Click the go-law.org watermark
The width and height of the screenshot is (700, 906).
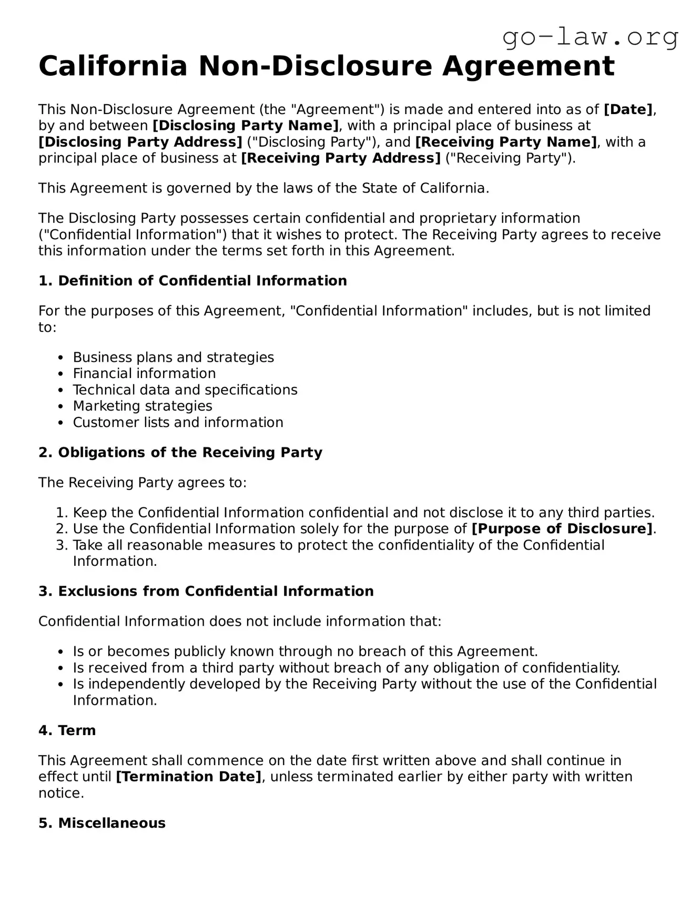tap(590, 37)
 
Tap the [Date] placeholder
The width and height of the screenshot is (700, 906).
tap(628, 109)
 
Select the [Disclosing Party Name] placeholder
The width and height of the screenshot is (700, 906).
tap(246, 126)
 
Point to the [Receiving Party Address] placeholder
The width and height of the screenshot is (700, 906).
tap(341, 158)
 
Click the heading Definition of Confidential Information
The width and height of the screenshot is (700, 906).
tap(192, 281)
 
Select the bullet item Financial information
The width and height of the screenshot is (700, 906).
tap(144, 373)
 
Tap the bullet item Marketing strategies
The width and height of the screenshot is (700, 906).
tap(143, 406)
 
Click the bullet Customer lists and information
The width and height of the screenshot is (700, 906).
tap(178, 422)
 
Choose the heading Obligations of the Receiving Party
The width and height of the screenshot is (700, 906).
tap(180, 453)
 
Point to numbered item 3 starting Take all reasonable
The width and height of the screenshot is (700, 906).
tap(338, 545)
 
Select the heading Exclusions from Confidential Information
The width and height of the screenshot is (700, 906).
tap(206, 592)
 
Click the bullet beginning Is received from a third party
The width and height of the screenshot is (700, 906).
tap(346, 668)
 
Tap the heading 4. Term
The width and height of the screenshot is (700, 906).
tap(67, 730)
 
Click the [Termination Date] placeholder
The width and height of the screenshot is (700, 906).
tap(188, 777)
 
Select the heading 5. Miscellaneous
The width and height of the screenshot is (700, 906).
tap(102, 823)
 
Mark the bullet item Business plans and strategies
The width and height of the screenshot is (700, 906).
tap(173, 358)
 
